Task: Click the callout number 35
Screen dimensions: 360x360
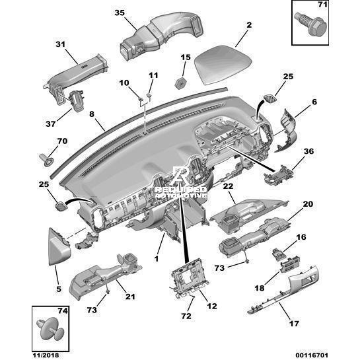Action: tap(120, 13)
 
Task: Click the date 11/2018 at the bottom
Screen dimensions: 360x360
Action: tap(45, 355)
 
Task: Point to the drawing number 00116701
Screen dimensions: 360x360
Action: tap(312, 355)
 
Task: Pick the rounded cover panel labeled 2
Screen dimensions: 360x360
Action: tap(223, 65)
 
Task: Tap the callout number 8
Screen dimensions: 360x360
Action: tap(92, 114)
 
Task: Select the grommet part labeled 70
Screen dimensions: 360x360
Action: tap(47, 160)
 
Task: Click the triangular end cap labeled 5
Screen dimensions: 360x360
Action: tap(59, 247)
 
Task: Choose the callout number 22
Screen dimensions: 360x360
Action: tap(228, 186)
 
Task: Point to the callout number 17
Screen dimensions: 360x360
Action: tap(294, 324)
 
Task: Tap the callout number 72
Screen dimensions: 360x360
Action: tap(186, 316)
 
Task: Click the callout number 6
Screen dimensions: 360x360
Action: tap(314, 102)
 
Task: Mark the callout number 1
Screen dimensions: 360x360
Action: tap(157, 259)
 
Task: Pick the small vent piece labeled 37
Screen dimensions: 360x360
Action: tap(77, 100)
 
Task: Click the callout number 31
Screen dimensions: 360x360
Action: tap(61, 44)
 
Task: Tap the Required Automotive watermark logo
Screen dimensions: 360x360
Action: tap(181, 183)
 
